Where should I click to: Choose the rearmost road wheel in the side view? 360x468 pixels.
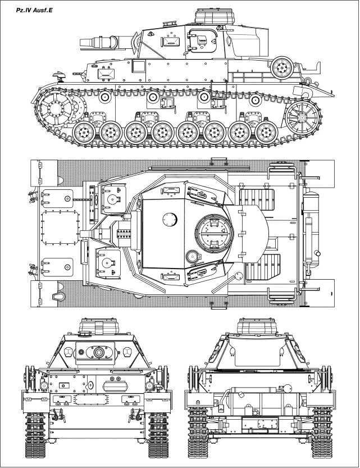click(265, 133)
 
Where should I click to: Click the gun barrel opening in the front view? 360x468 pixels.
click(99, 353)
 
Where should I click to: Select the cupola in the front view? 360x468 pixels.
click(99, 325)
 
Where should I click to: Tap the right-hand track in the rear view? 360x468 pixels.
click(322, 433)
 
